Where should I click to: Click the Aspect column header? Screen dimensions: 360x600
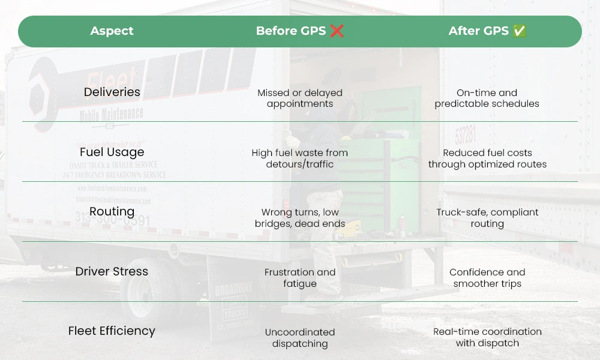[x=112, y=31]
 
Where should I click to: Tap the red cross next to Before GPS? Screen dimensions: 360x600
[x=337, y=31]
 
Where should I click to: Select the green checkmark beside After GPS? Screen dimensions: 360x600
[x=520, y=31]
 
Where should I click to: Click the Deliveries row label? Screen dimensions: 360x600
[x=112, y=92]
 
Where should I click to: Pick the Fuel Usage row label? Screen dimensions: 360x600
[x=112, y=152]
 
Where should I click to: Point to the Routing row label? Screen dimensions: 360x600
[x=112, y=211]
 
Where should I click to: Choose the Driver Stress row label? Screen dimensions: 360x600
[x=112, y=271]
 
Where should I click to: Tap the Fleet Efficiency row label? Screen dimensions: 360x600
[x=112, y=331]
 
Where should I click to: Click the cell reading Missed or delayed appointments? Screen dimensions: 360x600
[x=299, y=98]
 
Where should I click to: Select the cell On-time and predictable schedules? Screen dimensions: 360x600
[x=487, y=98]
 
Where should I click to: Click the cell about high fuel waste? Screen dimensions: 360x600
[x=299, y=158]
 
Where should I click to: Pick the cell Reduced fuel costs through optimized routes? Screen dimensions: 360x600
[x=487, y=158]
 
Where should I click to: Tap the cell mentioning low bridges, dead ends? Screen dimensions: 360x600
[x=299, y=218]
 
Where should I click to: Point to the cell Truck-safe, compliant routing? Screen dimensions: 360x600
[x=487, y=218]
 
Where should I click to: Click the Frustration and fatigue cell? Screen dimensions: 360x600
[x=299, y=278]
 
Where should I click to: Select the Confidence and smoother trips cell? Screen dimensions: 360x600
[x=487, y=278]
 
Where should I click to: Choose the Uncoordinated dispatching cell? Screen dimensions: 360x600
[x=299, y=338]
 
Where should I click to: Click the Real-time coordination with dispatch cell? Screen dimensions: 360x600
[x=487, y=338]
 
